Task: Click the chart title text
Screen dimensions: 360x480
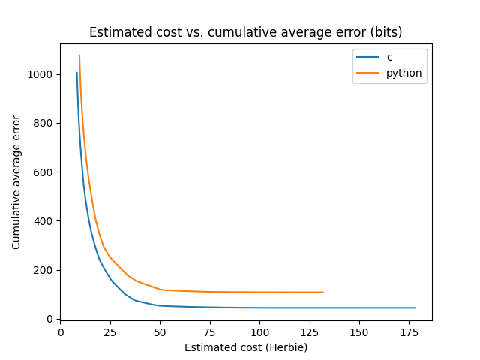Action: coord(246,32)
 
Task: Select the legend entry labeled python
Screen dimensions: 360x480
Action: coord(403,73)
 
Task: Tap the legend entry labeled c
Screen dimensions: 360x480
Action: coord(389,58)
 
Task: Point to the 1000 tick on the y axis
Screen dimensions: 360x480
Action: coord(42,75)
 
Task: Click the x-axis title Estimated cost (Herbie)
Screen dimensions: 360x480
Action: coord(246,347)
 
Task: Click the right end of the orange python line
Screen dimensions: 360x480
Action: coord(323,292)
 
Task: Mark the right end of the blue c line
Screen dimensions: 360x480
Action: coord(415,307)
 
